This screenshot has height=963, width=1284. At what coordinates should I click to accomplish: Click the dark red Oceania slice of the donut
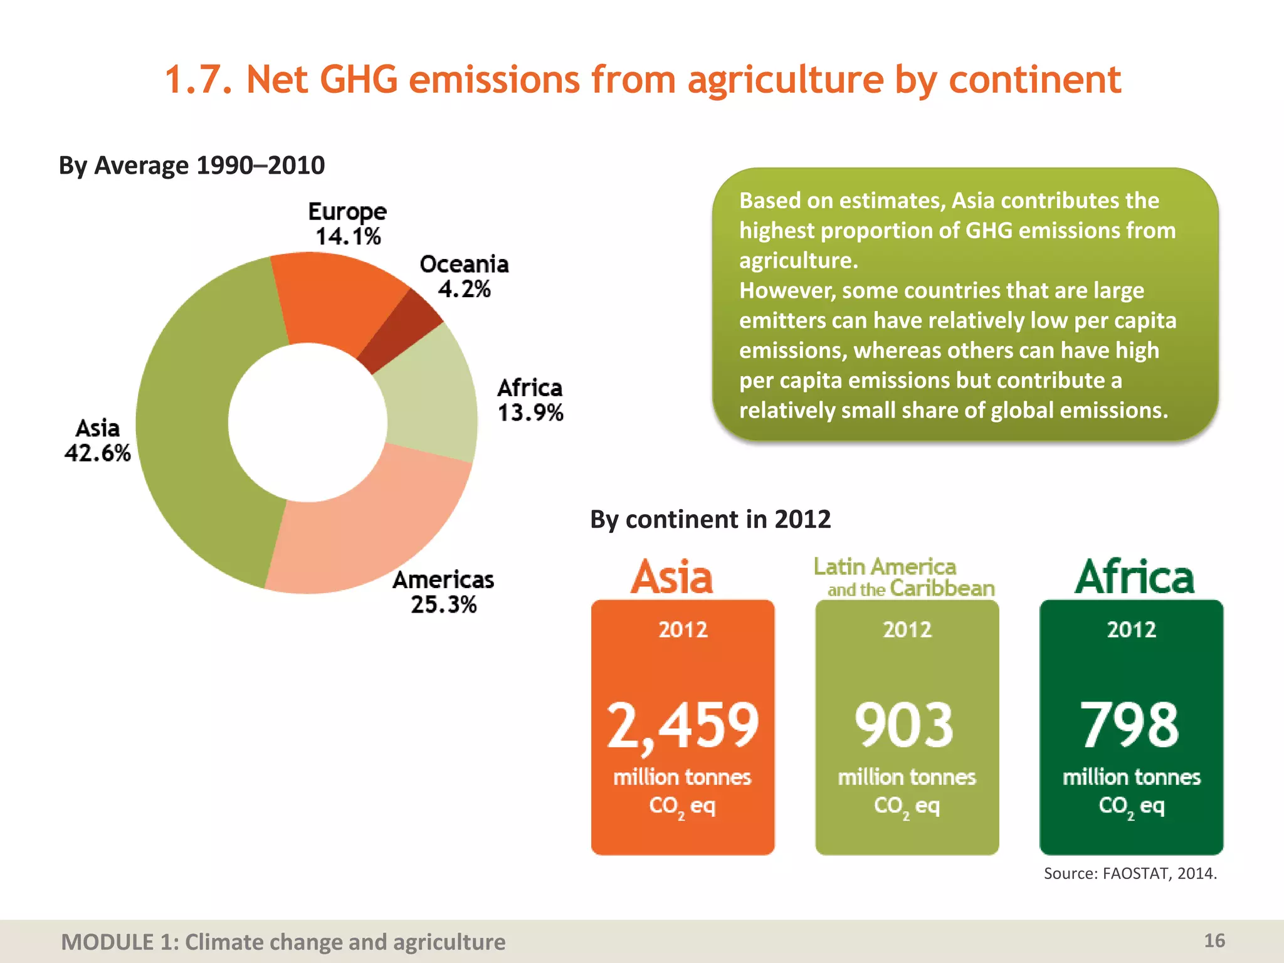pyautogui.click(x=401, y=329)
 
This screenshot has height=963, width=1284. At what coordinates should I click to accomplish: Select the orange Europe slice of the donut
pyautogui.click(x=332, y=295)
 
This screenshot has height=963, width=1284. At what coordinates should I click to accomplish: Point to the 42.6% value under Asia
pyautogui.click(x=98, y=453)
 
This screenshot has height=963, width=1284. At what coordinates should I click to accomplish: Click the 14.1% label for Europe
pyautogui.click(x=348, y=237)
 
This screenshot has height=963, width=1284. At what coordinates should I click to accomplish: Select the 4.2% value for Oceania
pyautogui.click(x=464, y=289)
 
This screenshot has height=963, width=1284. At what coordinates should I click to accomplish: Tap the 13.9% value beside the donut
pyautogui.click(x=530, y=413)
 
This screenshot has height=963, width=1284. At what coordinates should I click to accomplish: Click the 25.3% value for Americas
pyautogui.click(x=444, y=605)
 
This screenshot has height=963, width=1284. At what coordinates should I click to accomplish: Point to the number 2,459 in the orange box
pyautogui.click(x=683, y=725)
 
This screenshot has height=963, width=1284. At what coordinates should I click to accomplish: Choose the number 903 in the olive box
pyautogui.click(x=905, y=725)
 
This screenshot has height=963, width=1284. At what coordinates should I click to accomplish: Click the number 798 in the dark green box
pyautogui.click(x=1130, y=725)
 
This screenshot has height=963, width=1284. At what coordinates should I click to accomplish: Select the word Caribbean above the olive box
pyautogui.click(x=942, y=589)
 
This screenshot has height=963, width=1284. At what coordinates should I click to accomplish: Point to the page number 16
pyautogui.click(x=1214, y=940)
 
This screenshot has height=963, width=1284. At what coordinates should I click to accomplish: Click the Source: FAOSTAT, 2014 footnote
pyautogui.click(x=1130, y=873)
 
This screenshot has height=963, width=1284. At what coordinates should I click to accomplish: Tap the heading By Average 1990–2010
pyautogui.click(x=192, y=166)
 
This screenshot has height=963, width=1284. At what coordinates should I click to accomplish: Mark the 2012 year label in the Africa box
pyautogui.click(x=1131, y=629)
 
